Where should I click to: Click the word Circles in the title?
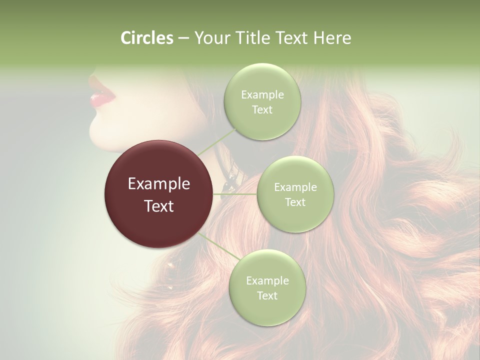point(147,38)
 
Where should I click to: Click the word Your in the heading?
point(212,38)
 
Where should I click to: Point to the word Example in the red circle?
point(159,184)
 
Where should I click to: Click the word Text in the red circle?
point(159,206)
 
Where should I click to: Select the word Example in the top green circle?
point(262,95)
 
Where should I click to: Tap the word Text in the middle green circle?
point(295,202)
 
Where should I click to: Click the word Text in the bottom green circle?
point(267,295)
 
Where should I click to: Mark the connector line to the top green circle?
point(216,141)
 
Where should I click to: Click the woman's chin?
point(95,133)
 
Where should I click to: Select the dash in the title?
point(183,38)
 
